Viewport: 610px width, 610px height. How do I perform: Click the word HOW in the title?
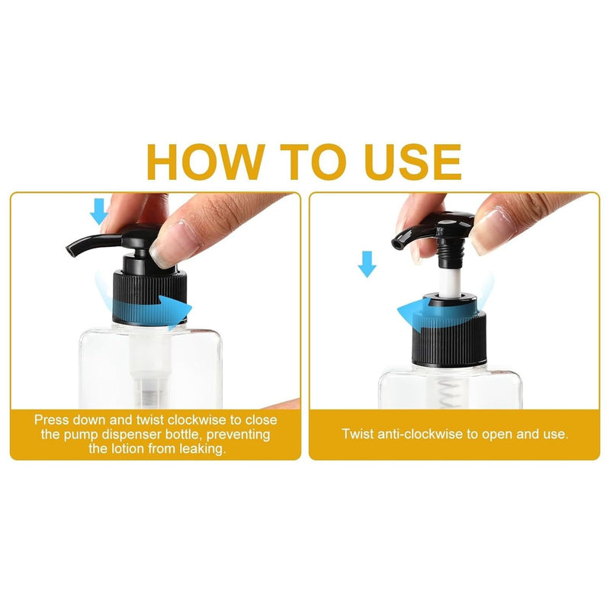(205, 162)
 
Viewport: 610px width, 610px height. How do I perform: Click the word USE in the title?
(413, 162)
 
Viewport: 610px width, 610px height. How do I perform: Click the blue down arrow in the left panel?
(99, 211)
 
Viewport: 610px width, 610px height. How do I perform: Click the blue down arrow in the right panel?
(367, 264)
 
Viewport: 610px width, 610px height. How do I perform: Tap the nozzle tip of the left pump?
(70, 252)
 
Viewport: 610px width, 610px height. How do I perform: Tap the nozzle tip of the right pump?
(396, 243)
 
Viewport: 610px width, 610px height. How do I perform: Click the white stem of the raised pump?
(448, 281)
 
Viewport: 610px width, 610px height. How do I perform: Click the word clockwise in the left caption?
(197, 420)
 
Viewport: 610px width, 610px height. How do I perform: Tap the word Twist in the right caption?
(358, 434)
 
